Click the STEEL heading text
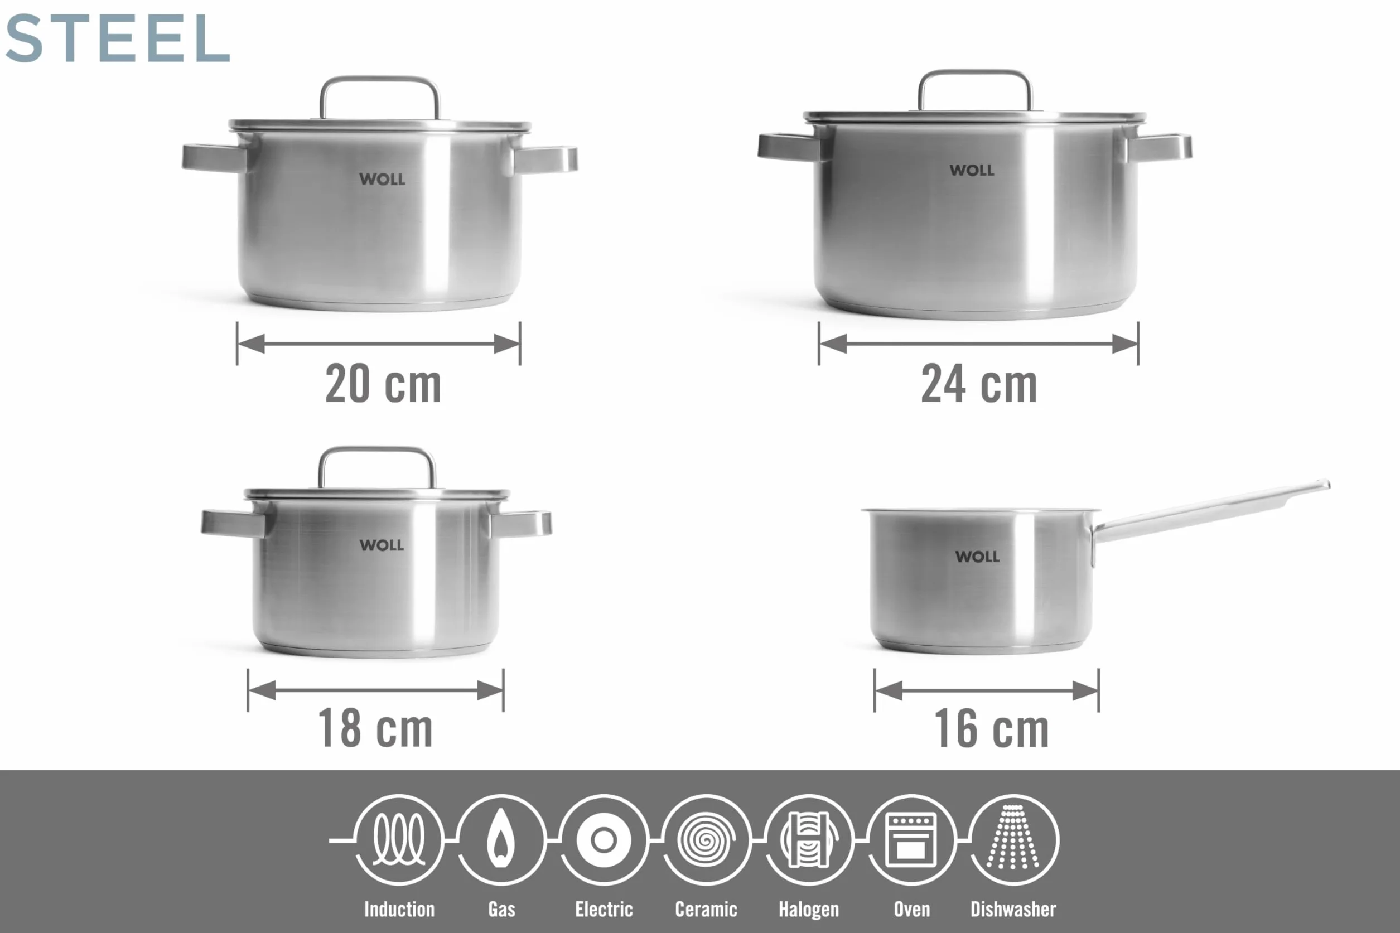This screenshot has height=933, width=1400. point(117,38)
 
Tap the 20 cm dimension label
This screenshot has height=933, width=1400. point(383,384)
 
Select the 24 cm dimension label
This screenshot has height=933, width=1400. point(979,384)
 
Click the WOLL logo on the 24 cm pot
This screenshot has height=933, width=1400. point(972,170)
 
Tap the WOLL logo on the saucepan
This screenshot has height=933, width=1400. point(977,557)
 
